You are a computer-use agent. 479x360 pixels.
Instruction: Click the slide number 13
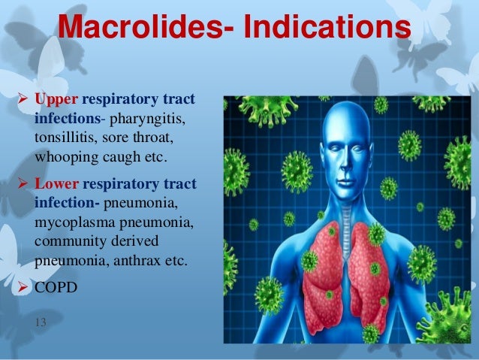coord(41,322)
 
